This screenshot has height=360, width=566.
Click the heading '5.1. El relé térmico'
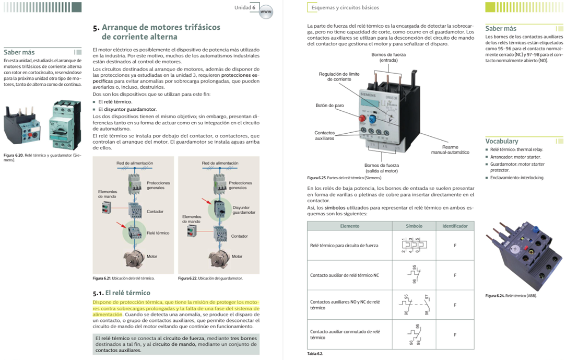pos(121,293)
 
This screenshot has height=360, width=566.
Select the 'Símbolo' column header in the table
pos(414,226)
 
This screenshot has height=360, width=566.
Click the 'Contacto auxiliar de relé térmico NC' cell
pos(344,275)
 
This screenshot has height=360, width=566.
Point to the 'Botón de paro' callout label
pos(329,106)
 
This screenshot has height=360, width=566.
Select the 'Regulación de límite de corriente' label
pos(339,76)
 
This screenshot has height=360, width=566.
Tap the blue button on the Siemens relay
pos(372,119)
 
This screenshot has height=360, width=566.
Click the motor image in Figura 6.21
pos(134,258)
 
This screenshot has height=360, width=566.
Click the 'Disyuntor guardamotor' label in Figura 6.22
pos(244,210)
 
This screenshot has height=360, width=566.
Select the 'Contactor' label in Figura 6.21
pos(155,212)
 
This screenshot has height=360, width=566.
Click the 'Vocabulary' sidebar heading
pos(502,141)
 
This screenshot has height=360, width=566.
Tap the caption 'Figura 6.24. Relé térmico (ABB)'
pos(510,296)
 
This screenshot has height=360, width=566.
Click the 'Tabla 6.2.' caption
pos(315,354)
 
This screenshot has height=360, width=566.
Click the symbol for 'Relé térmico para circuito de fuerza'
pos(414,245)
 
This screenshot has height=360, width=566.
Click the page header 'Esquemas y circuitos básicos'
pos(345,8)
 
